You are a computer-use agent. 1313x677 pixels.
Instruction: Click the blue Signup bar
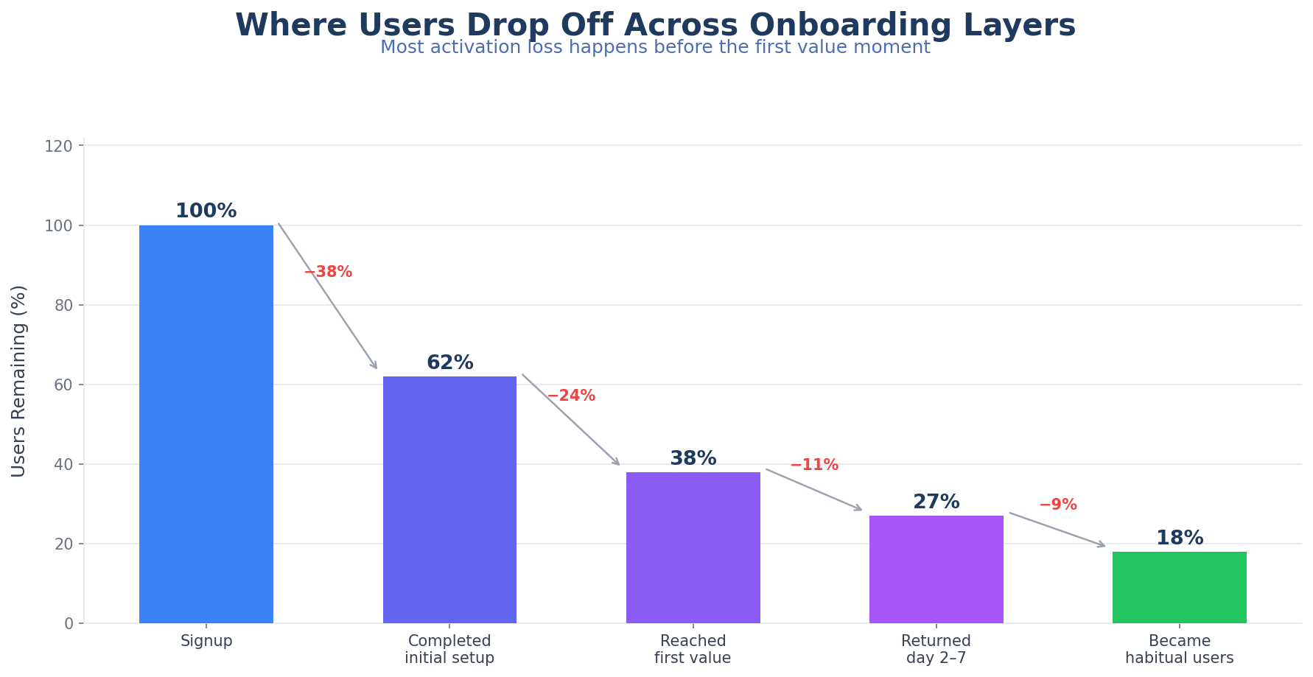click(x=206, y=424)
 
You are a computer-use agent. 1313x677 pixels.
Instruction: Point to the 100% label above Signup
click(x=206, y=211)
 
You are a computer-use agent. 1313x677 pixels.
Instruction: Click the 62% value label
click(x=449, y=363)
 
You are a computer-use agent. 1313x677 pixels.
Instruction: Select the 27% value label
click(x=936, y=502)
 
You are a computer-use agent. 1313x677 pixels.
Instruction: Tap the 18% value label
click(x=1179, y=539)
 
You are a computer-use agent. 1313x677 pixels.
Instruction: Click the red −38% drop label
click(x=329, y=273)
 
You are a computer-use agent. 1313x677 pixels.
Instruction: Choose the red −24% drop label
click(x=571, y=396)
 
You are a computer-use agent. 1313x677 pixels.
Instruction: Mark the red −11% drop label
click(x=814, y=466)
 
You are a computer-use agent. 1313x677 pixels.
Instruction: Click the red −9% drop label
click(x=1058, y=505)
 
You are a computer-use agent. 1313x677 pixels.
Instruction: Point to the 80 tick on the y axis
click(x=64, y=306)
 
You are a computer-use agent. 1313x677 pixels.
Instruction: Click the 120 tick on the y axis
click(x=59, y=147)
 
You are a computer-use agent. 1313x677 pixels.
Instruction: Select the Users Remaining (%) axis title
click(x=19, y=381)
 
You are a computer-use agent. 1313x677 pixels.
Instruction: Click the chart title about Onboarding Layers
click(x=655, y=25)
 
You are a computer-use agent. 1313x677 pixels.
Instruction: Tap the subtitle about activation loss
click(x=655, y=48)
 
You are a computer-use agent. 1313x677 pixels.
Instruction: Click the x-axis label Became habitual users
click(x=1179, y=650)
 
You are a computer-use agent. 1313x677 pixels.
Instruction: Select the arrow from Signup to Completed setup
click(x=328, y=296)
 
